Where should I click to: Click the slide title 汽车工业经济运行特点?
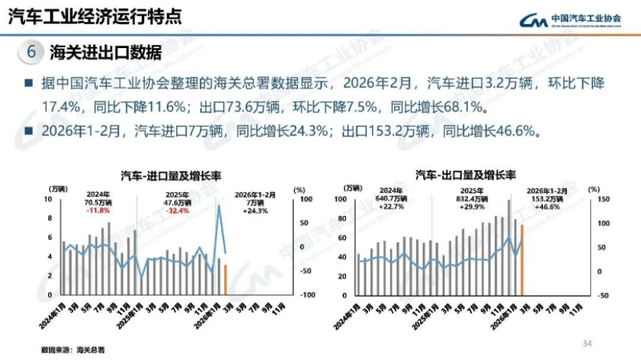tap(95, 17)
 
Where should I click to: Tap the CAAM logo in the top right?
tap(570, 20)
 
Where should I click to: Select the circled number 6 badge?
tap(31, 52)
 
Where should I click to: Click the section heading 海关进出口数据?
tap(106, 52)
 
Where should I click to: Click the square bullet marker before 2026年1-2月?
tap(28, 131)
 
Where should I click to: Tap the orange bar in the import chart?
tap(226, 279)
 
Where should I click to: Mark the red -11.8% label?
tap(98, 211)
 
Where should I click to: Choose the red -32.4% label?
tap(178, 211)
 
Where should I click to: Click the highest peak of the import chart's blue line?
tap(219, 206)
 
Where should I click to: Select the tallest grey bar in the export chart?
tap(509, 247)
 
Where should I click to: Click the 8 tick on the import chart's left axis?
tap(49, 219)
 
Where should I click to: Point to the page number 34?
tap(588, 343)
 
